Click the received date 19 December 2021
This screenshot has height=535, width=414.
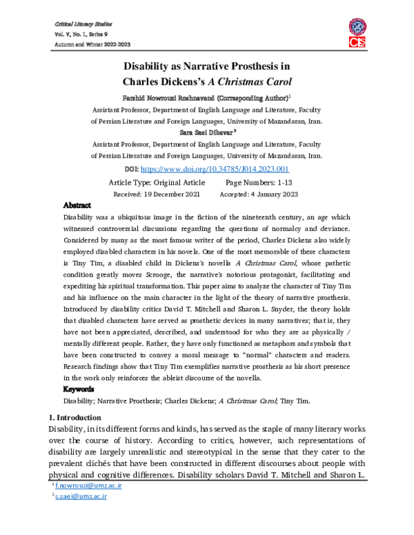(159, 194)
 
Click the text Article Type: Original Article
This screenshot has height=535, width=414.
(157, 182)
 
